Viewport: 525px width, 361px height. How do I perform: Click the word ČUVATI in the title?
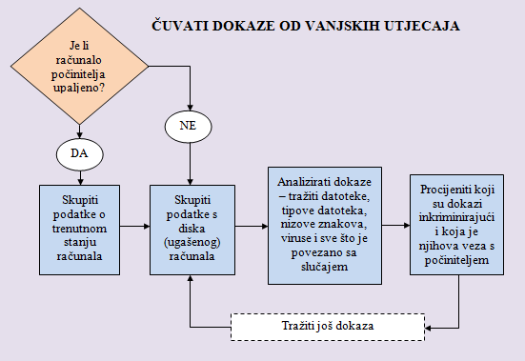178,27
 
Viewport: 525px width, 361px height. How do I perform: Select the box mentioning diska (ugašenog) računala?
192,230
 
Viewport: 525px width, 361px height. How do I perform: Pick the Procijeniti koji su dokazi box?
457,225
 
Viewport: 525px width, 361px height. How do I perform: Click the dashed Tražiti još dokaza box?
326,327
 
